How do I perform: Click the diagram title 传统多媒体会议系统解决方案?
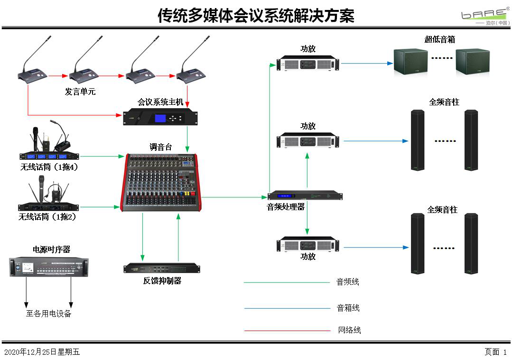256,16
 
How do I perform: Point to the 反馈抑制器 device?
162,268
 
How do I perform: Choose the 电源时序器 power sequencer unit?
49,267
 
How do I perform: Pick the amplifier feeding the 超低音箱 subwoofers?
309,63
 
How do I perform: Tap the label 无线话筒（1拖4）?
49,167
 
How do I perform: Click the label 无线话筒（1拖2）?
47,217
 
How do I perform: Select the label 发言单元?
80,92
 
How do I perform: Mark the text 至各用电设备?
48,314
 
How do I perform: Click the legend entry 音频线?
348,282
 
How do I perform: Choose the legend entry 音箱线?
348,308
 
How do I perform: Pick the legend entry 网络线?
349,330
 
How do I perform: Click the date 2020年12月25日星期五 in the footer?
42,352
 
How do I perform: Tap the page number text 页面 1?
495,352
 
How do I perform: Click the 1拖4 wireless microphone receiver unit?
49,156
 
